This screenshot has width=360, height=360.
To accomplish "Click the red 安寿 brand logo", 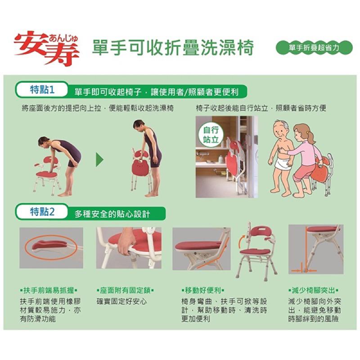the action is pos(47,48).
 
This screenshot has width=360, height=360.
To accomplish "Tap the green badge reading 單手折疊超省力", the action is pos(314,48).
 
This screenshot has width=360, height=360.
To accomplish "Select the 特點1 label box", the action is pos(42,90).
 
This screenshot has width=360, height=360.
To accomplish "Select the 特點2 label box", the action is pos(42,211).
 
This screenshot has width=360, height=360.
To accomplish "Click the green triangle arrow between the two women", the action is pos(99,160).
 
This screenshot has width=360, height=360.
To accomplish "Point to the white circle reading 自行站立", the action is pos(211,135).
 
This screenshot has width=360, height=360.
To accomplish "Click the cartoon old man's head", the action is pos(282,130).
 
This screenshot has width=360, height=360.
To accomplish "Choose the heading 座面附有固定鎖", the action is pos(125,290).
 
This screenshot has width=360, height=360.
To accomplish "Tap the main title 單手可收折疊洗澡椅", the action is pos(173,48).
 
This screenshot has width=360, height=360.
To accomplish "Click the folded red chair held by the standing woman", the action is pos(140,167).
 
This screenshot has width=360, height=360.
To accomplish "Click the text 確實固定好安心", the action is pos(121,301).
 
